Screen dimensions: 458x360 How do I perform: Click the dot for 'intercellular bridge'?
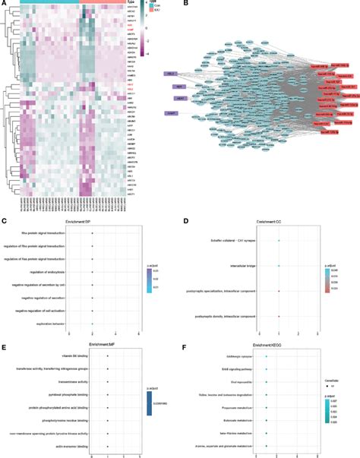pyautogui.click(x=279, y=266)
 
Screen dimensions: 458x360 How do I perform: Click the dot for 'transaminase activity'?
pyautogui.click(x=108, y=381)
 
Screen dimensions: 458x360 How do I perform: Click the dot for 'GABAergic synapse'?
pyautogui.click(x=266, y=355)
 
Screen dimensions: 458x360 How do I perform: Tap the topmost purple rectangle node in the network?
pyautogui.click(x=172, y=74)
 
